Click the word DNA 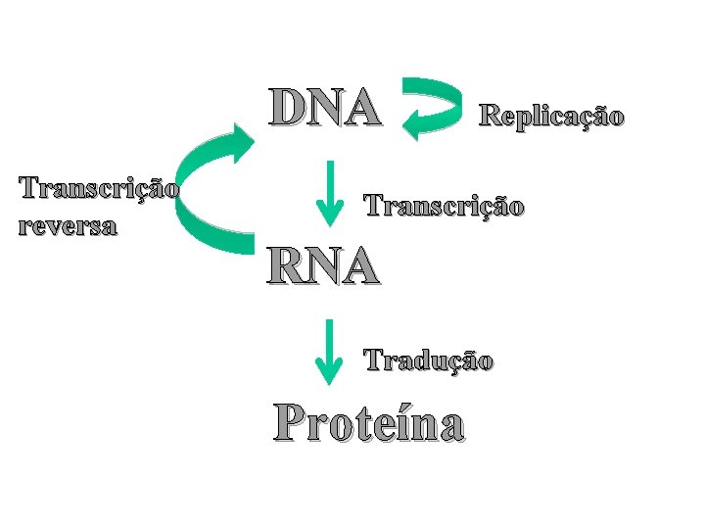[326, 109]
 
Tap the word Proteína [370, 422]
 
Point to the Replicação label [550, 117]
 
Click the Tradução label [429, 361]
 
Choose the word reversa [67, 226]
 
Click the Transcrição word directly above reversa [98, 187]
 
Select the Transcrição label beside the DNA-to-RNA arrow [445, 206]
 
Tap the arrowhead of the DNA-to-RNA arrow [329, 213]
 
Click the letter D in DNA [290, 109]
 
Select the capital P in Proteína [292, 421]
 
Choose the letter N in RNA [322, 265]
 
